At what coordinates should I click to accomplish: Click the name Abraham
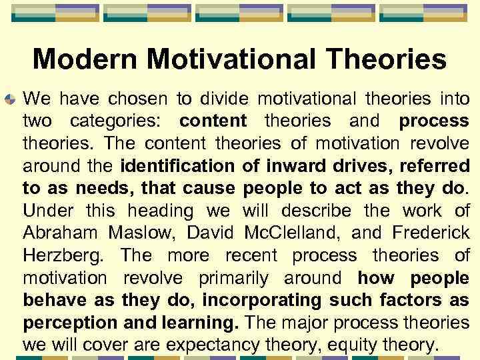coord(61,233)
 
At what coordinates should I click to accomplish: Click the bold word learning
coord(199,323)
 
